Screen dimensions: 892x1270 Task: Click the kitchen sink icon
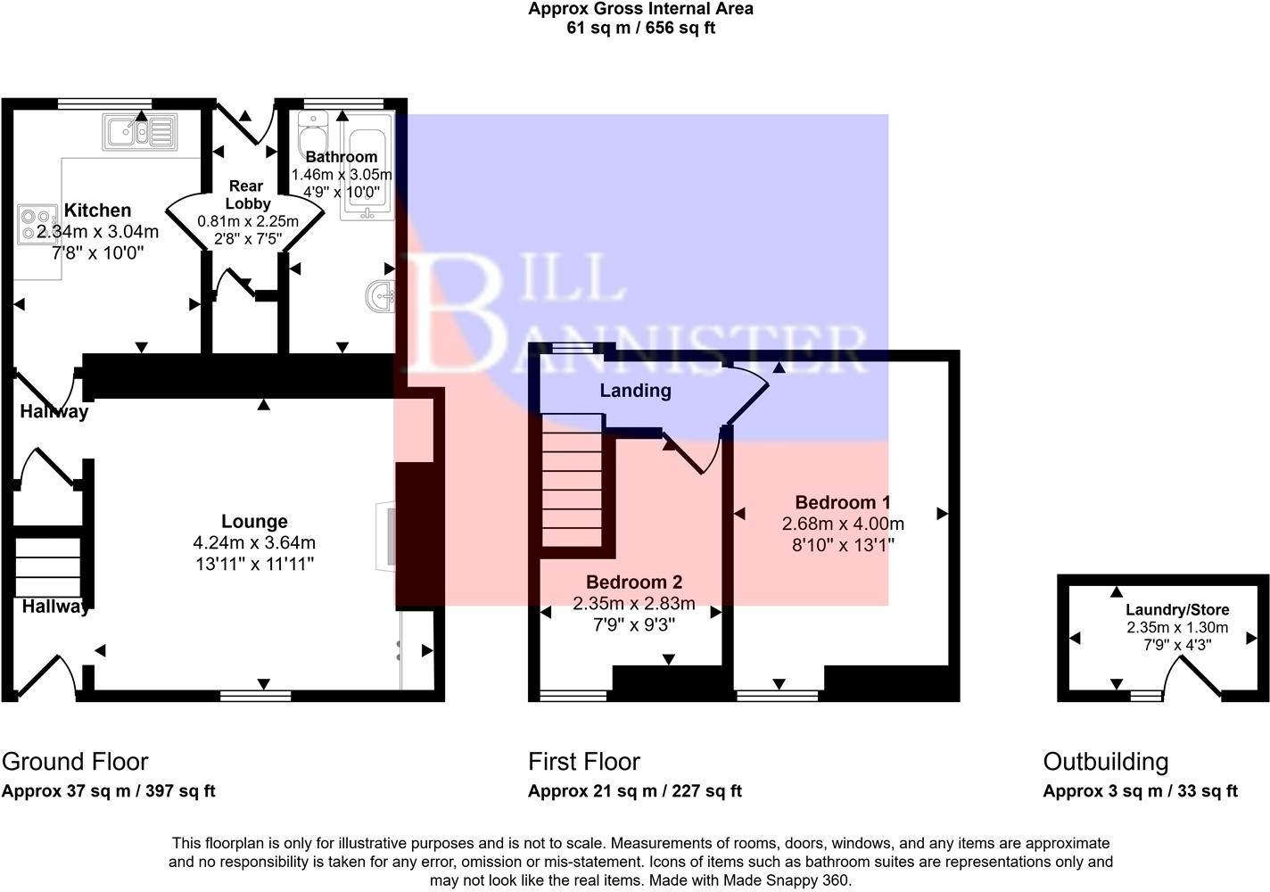coord(139,132)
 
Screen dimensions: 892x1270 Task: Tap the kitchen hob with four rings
coord(36,224)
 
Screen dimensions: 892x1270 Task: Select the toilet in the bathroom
coord(313,136)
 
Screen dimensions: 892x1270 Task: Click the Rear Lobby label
coord(247,194)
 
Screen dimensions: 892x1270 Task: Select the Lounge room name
coord(254,522)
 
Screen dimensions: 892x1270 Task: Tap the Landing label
coord(635,391)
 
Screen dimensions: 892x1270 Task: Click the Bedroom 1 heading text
coord(842,502)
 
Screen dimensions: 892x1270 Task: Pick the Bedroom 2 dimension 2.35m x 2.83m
coord(633,604)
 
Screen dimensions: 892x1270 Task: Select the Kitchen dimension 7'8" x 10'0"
coord(97,253)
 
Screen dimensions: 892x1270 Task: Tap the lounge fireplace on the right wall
coord(386,535)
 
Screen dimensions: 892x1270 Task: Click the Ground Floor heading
coord(75,762)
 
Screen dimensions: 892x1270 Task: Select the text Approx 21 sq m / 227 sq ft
coord(634,791)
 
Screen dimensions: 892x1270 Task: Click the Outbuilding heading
coord(1105,762)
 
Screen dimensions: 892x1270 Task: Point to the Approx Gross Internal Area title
coord(640,9)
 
